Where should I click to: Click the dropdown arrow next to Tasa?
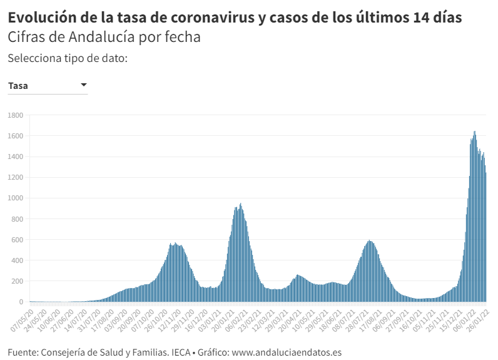tap(83, 85)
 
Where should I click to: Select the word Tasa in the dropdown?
tap(18, 86)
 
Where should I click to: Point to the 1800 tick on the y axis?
tap(15, 115)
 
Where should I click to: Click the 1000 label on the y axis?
tap(15, 198)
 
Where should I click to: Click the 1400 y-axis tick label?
tap(15, 157)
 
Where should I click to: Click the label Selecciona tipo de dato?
tap(68, 58)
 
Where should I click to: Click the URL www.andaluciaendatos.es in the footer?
tap(286, 352)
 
